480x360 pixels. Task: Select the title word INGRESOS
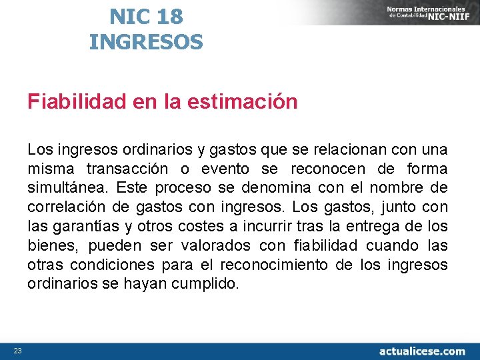146,42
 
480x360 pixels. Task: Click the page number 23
18,351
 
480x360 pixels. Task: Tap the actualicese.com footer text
422,351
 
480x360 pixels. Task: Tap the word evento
226,169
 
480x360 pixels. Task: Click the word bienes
51,246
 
